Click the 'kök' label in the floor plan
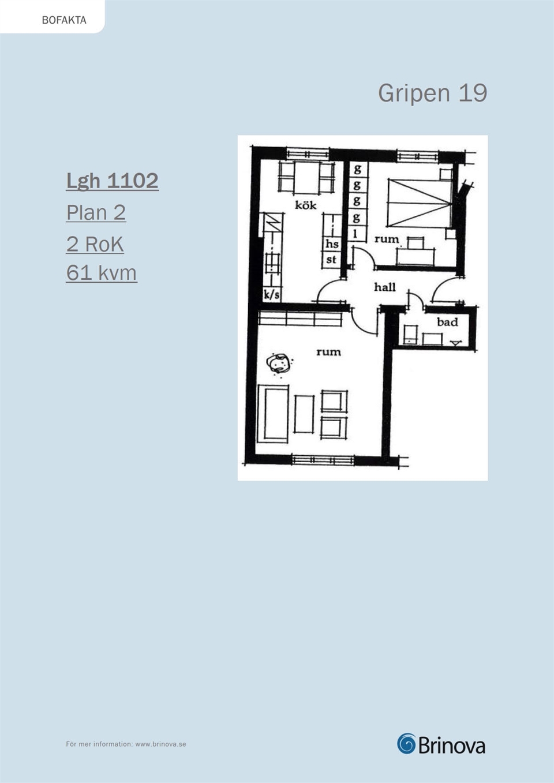pyautogui.click(x=305, y=204)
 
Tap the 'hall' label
pyautogui.click(x=385, y=287)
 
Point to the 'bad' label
pyautogui.click(x=447, y=321)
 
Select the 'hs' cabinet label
pyautogui.click(x=332, y=243)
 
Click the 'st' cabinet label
pyautogui.click(x=331, y=260)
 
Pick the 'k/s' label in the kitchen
pyautogui.click(x=272, y=295)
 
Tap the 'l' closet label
pyautogui.click(x=356, y=234)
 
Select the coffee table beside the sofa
pyautogui.click(x=304, y=414)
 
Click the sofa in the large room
pyautogui.click(x=274, y=414)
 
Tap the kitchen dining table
pyautogui.click(x=306, y=177)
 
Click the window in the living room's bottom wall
pyautogui.click(x=323, y=460)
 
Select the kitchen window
pyautogui.click(x=308, y=153)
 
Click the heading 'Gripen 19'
pyautogui.click(x=432, y=93)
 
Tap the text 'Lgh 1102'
pyautogui.click(x=112, y=181)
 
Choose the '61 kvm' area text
pyautogui.click(x=102, y=273)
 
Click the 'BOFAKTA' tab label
pyautogui.click(x=64, y=20)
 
